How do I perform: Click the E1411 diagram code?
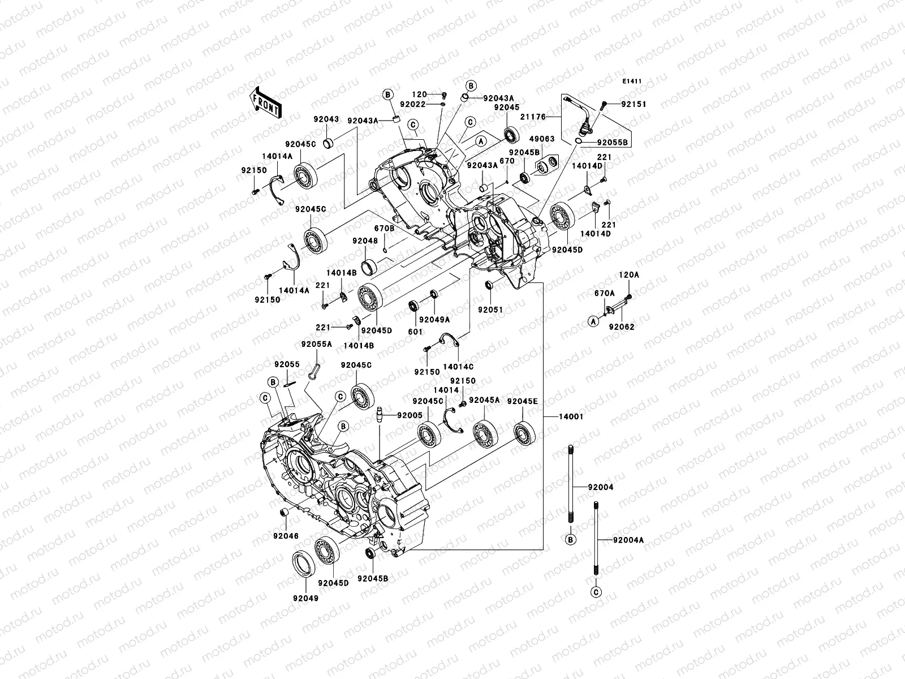tap(632, 81)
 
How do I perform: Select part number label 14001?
tap(571, 416)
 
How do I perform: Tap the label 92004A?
tap(628, 540)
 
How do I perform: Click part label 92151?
tap(633, 105)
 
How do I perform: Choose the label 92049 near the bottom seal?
tap(305, 598)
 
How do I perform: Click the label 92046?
tap(285, 535)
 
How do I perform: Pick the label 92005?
tap(410, 415)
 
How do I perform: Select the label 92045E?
tap(522, 401)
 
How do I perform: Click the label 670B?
tap(383, 228)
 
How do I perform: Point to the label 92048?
tap(365, 240)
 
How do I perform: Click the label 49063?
tap(542, 139)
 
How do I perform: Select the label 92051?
tap(490, 310)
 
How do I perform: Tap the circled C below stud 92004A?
tap(596, 592)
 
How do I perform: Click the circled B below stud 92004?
tap(571, 540)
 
